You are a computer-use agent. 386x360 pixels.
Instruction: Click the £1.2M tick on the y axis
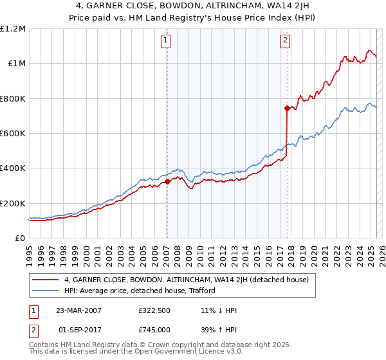coord(13,29)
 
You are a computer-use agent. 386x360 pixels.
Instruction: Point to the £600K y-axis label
coord(13,134)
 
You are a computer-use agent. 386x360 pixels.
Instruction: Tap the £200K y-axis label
coord(13,203)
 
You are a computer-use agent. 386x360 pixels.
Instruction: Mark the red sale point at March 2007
coord(167,182)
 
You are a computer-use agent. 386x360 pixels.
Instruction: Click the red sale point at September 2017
coord(286,108)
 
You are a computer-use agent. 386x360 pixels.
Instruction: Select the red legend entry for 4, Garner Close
coord(187,280)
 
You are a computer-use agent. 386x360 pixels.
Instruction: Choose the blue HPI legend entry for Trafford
coord(139,291)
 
